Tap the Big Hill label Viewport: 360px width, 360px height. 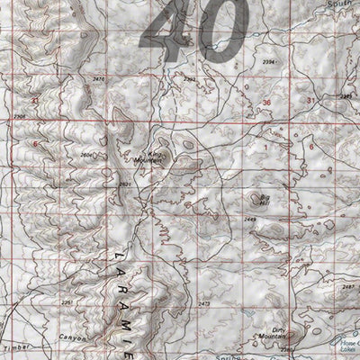click(x=265, y=200)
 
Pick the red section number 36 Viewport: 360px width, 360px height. click(x=266, y=104)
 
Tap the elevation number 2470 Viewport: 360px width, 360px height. click(x=99, y=80)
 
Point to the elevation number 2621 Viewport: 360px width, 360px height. click(x=124, y=184)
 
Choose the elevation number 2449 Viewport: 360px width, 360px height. click(x=250, y=220)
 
